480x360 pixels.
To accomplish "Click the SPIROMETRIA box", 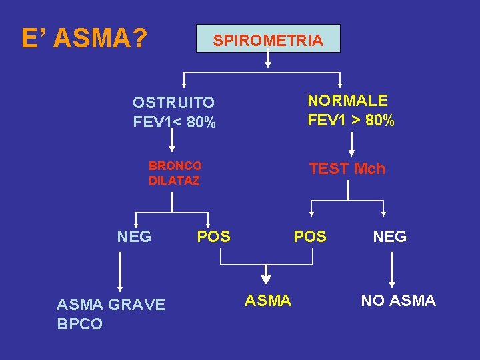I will tap(268, 39).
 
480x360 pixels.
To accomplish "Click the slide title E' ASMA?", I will tap(84, 39).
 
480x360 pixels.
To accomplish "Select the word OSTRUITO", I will tap(173, 103).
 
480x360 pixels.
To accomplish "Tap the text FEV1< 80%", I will tap(174, 123).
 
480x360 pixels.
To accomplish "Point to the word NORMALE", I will tap(347, 101).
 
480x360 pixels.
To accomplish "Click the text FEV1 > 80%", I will tap(351, 121).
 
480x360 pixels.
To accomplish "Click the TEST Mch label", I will tap(347, 169).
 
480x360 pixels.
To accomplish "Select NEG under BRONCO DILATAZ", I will tap(134, 237).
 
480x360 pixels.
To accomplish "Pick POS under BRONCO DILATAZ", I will tap(213, 237).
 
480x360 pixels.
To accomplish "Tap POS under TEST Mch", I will tap(310, 237).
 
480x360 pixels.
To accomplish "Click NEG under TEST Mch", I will tap(390, 237).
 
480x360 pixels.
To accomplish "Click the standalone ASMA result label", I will tap(268, 301).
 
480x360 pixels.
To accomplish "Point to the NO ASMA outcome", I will tap(398, 301).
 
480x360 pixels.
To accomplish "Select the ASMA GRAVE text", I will tap(111, 305).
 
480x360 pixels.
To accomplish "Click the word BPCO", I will tap(80, 325).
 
